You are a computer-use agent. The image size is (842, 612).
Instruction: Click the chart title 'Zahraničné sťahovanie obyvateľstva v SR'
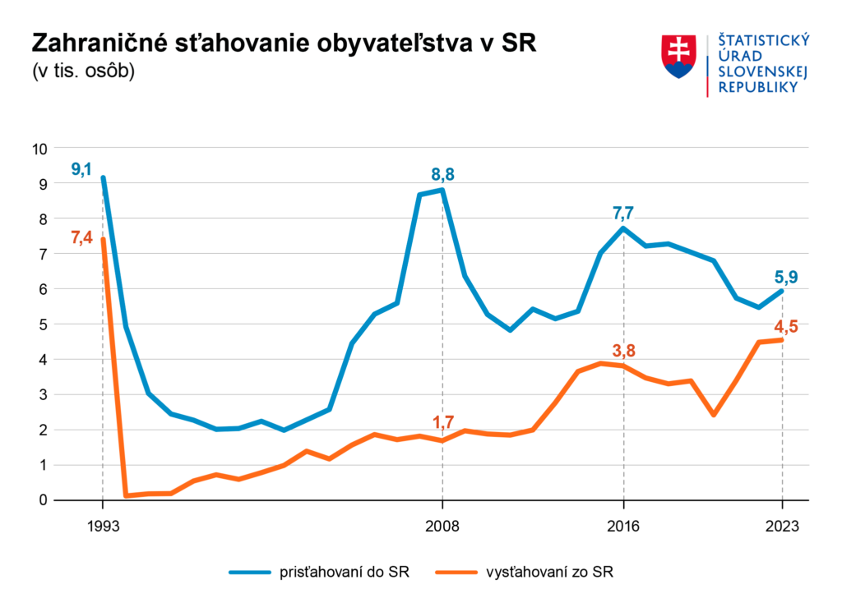point(284,44)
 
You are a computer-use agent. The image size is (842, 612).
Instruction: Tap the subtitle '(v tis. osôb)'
point(83,71)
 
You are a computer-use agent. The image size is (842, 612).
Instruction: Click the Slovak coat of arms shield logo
point(679,57)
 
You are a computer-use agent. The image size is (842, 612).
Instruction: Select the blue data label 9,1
point(81,170)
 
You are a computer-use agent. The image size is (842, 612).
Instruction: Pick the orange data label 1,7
point(443,422)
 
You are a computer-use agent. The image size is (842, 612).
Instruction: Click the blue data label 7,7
point(623,213)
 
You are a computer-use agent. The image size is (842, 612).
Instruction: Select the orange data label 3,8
point(624,351)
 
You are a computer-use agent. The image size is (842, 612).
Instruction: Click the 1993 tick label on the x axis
point(102,527)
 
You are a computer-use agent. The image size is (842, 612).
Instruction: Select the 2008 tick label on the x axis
point(442,527)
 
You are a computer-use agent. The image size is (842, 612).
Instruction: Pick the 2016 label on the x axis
point(623,527)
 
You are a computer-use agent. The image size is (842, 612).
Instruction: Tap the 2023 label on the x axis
point(782,527)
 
